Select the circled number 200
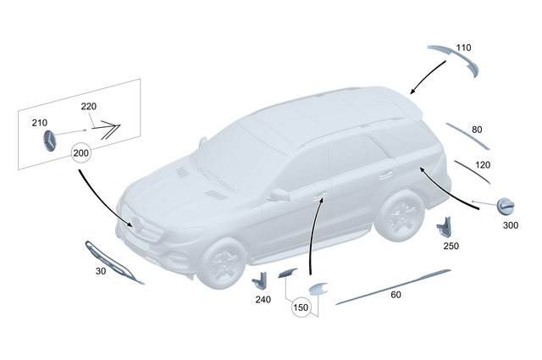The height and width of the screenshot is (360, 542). coord(81,153)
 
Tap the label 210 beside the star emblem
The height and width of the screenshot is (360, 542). coord(40,123)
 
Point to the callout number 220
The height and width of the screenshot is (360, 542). coord(89,107)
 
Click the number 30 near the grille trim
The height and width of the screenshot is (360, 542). coord(101,272)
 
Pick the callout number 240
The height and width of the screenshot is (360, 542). coord(263,299)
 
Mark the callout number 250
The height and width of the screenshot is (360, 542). coord(450,246)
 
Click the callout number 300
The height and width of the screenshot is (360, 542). coord(510,225)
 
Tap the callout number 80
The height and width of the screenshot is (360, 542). coord(477,130)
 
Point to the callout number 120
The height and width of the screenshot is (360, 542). coord(483,164)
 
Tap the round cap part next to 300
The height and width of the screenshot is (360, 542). coord(507,206)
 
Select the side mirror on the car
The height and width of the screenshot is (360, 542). coord(279,195)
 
